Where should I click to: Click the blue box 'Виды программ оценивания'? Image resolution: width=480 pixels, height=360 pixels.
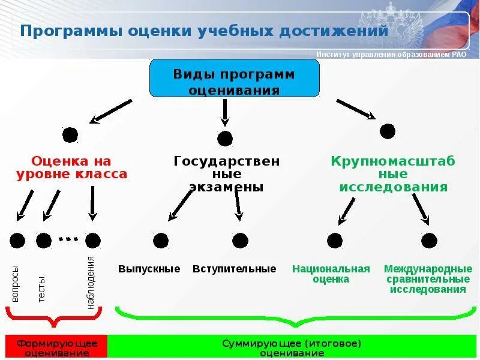tap(234, 78)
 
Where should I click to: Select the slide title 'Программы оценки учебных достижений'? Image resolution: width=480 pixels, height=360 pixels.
tap(204, 31)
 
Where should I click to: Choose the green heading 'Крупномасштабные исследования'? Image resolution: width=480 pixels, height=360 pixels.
tap(394, 174)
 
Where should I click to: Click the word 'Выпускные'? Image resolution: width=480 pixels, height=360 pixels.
tap(149, 269)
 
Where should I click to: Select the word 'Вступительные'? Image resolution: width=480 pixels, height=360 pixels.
tap(235, 269)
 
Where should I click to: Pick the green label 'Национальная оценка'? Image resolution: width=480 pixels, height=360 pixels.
tap(331, 274)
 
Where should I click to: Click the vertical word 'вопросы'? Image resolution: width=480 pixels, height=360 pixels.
tap(16, 283)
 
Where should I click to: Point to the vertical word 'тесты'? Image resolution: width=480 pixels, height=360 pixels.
tap(41, 289)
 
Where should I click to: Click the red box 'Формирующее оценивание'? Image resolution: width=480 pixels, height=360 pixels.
tap(57, 348)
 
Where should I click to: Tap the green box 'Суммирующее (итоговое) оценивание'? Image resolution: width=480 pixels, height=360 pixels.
tap(292, 348)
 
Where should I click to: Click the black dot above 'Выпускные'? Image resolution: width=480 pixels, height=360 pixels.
tap(160, 241)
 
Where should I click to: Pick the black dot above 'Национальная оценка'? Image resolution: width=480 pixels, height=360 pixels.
tap(334, 241)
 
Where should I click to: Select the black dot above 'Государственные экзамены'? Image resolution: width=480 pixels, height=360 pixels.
tap(225, 139)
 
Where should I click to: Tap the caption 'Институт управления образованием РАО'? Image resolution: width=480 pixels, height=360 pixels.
tap(391, 55)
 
